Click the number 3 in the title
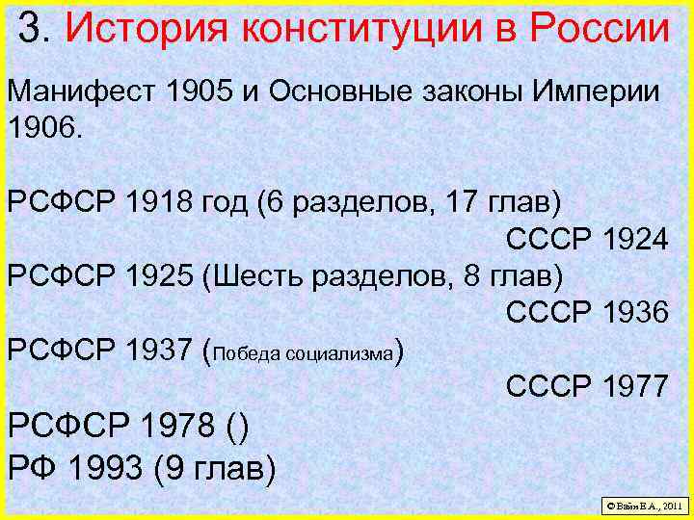click(32, 29)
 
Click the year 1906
click(43, 127)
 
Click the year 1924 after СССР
click(634, 241)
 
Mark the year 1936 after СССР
click(634, 312)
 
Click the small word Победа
click(250, 353)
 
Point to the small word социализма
click(347, 353)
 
